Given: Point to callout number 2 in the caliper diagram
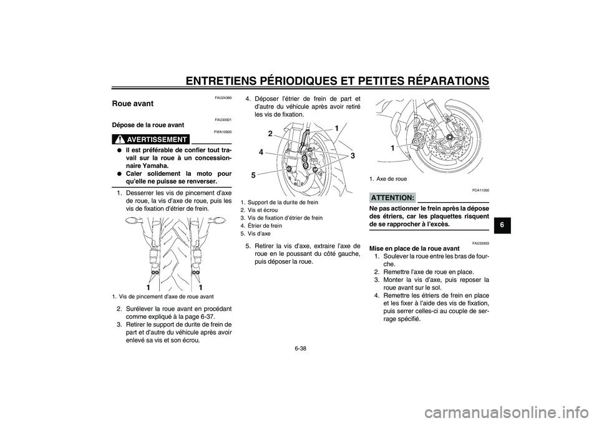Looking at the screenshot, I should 270,134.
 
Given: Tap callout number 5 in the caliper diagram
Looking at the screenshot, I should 254,176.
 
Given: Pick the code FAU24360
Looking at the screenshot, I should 223,98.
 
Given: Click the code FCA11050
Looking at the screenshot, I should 480,189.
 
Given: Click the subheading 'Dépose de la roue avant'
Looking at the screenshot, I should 148,125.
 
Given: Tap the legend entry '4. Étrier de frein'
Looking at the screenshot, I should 261,226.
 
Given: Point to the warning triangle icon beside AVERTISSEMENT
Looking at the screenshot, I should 118,139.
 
